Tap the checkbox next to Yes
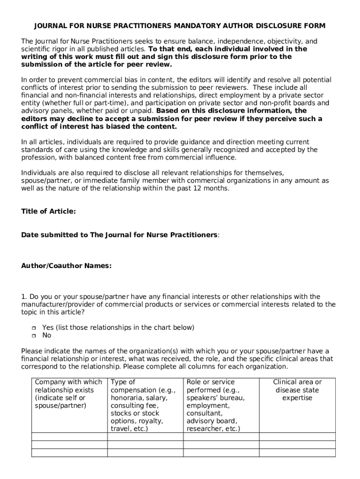(34, 328)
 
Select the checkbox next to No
(34, 336)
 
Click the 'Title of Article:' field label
(48, 211)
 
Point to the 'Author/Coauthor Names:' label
(66, 266)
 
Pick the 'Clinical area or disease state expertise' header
(297, 390)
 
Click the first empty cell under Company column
(69, 436)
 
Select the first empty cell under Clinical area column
(297, 436)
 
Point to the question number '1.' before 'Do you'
(24, 297)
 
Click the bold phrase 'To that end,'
(170, 49)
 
